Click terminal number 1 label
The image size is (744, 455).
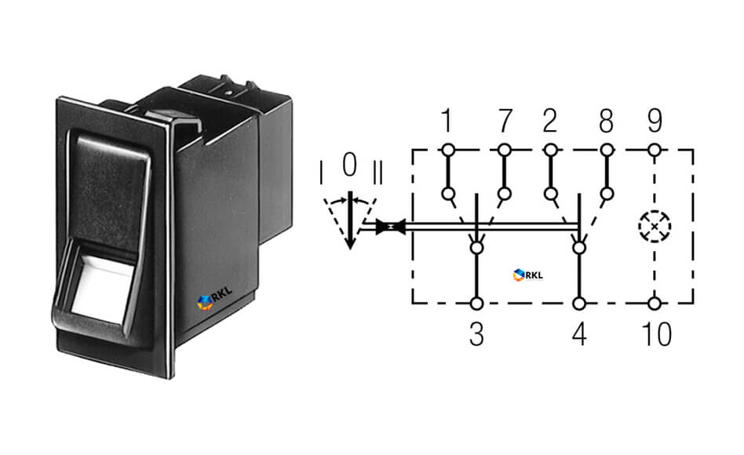tap(446, 121)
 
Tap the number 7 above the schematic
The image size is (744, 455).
tap(505, 121)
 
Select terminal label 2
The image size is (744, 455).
tap(549, 121)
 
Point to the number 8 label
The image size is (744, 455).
tap(607, 121)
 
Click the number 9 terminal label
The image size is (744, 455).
tap(655, 121)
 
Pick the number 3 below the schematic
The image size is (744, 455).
tap(476, 334)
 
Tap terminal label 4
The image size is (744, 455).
tap(579, 334)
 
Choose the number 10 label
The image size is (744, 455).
tap(657, 334)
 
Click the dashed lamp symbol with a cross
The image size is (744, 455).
tap(655, 226)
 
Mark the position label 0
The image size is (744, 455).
tap(350, 165)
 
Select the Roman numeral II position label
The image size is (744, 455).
tap(377, 173)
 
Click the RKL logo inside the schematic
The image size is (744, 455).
tap(527, 275)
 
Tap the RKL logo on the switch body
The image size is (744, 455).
tap(214, 299)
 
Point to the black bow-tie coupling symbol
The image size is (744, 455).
tap(391, 227)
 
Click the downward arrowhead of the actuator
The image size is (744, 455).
tap(350, 242)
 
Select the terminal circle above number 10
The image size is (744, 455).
tap(655, 303)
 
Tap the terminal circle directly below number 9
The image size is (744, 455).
tap(655, 151)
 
